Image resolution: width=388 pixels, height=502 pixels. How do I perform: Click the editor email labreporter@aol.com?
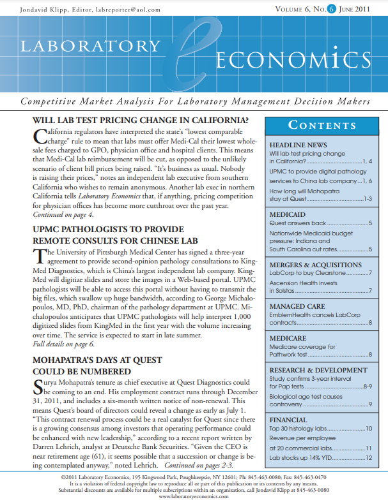[x=134, y=10]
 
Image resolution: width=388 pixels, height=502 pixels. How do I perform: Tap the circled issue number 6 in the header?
[x=332, y=9]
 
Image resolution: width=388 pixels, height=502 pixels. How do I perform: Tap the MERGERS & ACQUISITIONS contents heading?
[x=315, y=265]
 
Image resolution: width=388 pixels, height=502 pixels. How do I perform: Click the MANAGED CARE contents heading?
[x=298, y=306]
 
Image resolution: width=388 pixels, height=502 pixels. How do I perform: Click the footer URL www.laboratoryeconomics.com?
[x=193, y=496]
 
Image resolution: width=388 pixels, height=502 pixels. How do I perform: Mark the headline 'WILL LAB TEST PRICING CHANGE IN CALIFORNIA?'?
[x=140, y=121]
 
